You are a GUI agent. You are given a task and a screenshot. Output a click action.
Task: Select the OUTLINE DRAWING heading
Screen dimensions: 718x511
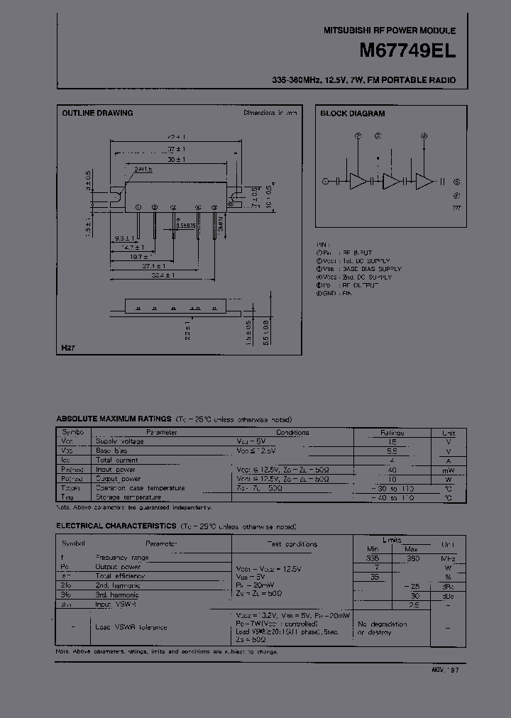pyautogui.click(x=97, y=113)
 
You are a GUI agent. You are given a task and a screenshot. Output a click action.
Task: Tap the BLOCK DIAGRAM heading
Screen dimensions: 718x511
pyautogui.click(x=352, y=113)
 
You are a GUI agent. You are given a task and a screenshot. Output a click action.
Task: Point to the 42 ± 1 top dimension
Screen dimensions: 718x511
pyautogui.click(x=176, y=136)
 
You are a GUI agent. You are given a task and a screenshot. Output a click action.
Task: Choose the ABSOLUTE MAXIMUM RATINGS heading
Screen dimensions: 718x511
pyautogui.click(x=114, y=420)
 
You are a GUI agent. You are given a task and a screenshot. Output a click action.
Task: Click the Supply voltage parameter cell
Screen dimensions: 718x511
pyautogui.click(x=119, y=441)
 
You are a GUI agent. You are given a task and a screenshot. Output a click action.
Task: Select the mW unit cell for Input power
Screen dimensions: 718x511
pyautogui.click(x=449, y=469)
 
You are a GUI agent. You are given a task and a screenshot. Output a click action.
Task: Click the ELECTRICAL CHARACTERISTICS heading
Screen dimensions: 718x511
pyautogui.click(x=116, y=526)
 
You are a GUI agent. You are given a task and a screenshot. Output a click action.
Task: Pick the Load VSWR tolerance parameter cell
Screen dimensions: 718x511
pyautogui.click(x=131, y=627)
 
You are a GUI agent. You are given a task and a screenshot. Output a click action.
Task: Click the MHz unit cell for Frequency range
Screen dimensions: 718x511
pyautogui.click(x=449, y=558)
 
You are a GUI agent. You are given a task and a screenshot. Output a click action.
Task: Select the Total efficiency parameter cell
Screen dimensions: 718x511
pyautogui.click(x=121, y=576)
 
